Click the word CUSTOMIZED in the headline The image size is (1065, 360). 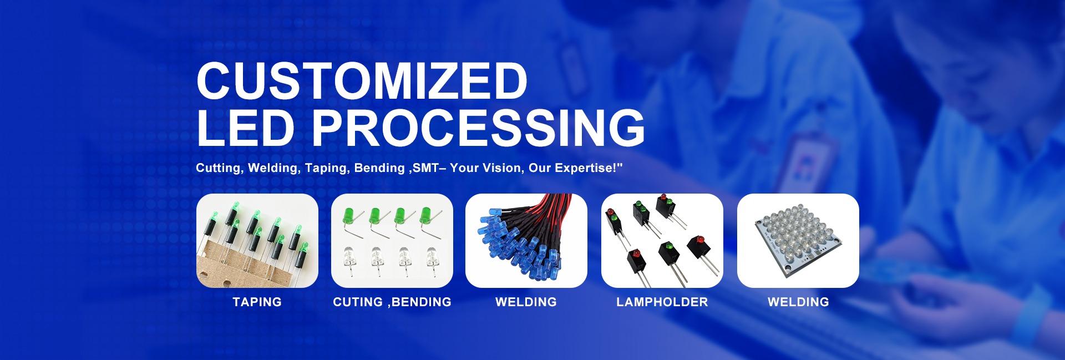pos(362,80)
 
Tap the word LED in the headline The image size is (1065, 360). pos(246,128)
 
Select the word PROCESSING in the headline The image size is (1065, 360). pos(478,128)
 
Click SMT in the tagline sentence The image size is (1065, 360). pos(425,168)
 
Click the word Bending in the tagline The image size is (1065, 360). pos(379,168)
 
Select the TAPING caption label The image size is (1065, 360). pos(257,302)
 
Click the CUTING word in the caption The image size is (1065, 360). pos(358,302)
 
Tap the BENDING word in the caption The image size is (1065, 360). pos(422,302)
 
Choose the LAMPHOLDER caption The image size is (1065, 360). pos(662,302)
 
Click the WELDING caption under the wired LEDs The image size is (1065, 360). pos(526,302)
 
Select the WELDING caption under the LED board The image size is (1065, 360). pos(798,302)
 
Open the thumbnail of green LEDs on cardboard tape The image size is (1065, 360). pos(257,241)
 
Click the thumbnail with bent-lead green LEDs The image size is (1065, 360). pos(392,241)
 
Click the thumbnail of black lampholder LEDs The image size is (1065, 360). pos(662,241)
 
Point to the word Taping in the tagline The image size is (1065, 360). pos(327,168)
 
